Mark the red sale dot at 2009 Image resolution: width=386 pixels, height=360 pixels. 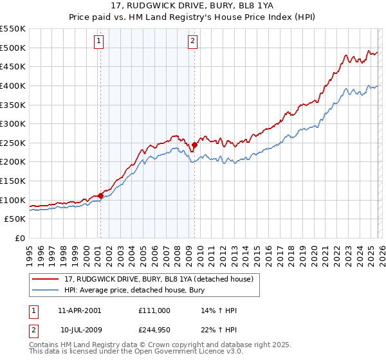pos(194,145)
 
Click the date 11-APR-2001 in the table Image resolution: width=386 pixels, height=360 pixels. pos(80,310)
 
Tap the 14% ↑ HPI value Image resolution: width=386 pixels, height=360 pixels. pos(219,310)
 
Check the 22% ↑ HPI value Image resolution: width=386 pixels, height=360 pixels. pos(219,330)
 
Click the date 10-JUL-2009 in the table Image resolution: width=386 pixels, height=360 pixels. pos(80,330)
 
